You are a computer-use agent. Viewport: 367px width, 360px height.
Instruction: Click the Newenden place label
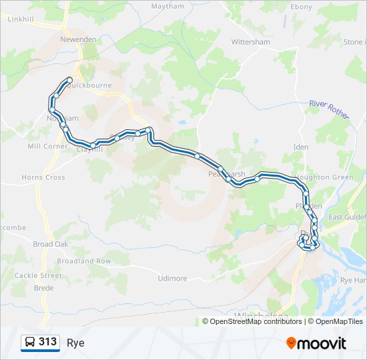tap(79, 39)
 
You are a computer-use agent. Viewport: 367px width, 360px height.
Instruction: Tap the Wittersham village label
tap(250, 42)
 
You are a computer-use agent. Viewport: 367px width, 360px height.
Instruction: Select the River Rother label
tap(329, 109)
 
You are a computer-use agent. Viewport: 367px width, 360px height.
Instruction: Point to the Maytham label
tap(167, 7)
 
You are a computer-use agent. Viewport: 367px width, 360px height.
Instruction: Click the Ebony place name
tap(301, 7)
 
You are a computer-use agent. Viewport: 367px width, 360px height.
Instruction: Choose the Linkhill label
tap(20, 19)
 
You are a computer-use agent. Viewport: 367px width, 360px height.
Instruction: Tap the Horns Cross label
tap(43, 177)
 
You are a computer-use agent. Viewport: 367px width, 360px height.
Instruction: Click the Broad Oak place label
tap(51, 244)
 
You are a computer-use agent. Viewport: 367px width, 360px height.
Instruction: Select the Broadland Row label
tap(84, 261)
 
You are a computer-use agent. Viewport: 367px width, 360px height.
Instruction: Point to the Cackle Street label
tap(38, 275)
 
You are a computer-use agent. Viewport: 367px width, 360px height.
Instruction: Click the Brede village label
tap(43, 288)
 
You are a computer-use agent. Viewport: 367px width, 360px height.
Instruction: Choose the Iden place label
tap(301, 147)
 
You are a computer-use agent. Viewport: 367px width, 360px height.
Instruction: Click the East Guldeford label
tap(347, 217)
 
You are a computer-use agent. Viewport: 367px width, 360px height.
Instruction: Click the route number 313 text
tap(47, 342)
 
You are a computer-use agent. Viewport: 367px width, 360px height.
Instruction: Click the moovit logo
tap(316, 343)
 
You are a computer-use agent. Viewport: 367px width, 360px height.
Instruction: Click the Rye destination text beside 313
tap(75, 343)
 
